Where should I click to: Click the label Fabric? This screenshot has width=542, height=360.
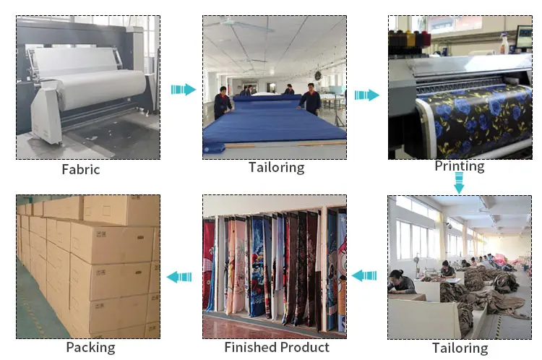81,169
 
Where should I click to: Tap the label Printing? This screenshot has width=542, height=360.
460,166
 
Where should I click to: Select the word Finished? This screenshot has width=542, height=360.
250,347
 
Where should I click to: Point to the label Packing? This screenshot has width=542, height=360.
90,348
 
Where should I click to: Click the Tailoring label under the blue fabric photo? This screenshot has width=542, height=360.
277,168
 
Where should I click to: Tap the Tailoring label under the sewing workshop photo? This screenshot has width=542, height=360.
460,348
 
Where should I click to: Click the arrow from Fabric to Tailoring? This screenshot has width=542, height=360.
184,90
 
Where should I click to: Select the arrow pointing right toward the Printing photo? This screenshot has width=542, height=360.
366,95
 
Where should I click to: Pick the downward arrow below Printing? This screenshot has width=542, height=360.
459,184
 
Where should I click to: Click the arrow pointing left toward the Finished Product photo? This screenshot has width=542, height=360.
364,275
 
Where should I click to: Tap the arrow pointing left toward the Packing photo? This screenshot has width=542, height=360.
179,277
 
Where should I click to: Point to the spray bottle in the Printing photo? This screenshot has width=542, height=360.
504,43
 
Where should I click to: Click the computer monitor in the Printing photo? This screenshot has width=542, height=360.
524,38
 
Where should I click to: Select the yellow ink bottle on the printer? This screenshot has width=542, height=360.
410,40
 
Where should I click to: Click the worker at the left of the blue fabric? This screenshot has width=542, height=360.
223,103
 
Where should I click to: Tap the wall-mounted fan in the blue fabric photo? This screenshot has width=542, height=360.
318,76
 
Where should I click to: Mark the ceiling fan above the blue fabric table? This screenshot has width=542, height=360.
239,24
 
